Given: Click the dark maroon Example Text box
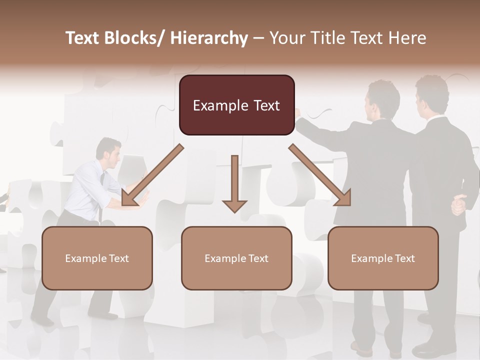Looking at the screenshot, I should click(x=236, y=105).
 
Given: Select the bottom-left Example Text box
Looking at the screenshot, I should click(x=97, y=258).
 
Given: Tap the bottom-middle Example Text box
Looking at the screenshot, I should click(x=236, y=258).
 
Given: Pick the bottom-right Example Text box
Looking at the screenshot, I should click(x=383, y=258).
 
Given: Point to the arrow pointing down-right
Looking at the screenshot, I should click(x=320, y=175).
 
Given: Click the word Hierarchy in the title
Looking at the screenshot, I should click(x=209, y=38).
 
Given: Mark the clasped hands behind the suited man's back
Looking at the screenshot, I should click(x=458, y=205).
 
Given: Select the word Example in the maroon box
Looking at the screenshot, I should click(x=220, y=105).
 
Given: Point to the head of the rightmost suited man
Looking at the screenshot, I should click(x=431, y=95).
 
